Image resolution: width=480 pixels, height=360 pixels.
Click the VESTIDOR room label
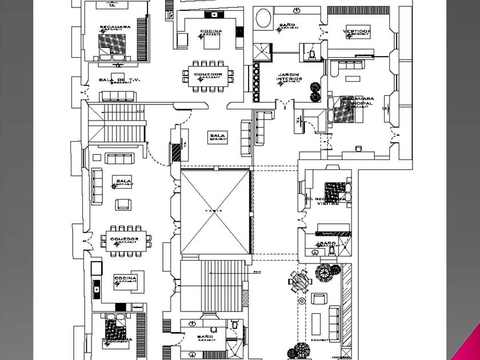click(x=357, y=31)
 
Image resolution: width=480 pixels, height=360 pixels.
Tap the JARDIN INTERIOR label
click(x=290, y=77)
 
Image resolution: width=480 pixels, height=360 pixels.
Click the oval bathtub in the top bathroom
click(x=263, y=19)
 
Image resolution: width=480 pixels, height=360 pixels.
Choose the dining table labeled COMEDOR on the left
click(x=125, y=239)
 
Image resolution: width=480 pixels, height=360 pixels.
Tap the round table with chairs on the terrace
click(x=301, y=280)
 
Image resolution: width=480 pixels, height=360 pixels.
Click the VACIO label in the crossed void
click(x=214, y=211)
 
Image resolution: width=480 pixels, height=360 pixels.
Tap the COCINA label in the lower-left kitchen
click(x=125, y=279)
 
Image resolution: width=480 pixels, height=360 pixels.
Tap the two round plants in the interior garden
click(x=314, y=92)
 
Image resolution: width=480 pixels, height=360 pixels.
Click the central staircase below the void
click(x=214, y=286)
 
